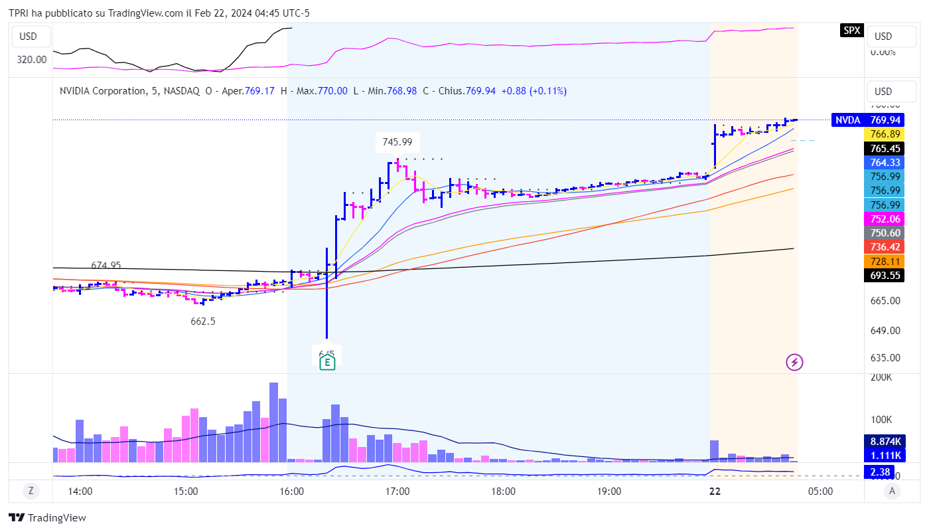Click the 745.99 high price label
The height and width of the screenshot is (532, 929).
397,141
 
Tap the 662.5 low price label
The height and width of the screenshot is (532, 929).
203,321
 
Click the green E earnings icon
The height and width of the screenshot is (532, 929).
326,362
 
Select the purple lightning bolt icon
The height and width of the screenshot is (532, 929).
795,362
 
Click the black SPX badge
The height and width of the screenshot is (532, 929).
851,30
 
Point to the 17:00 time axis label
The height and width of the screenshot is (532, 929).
397,491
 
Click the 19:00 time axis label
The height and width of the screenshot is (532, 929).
609,491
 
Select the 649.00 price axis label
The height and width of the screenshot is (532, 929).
885,331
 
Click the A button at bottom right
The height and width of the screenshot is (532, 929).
893,491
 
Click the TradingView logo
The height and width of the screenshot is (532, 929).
48,517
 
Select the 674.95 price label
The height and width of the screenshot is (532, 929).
106,266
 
